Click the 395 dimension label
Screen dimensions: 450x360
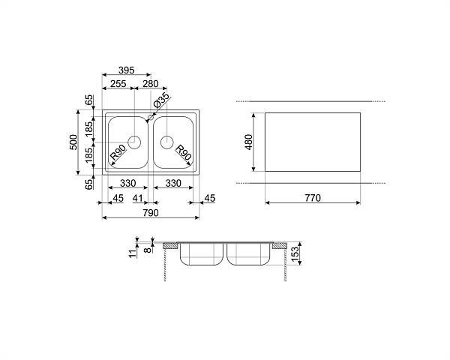pos(127,70)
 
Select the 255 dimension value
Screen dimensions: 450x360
pos(118,83)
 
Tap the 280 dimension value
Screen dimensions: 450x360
pos(151,83)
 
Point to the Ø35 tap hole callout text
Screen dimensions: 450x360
pos(161,100)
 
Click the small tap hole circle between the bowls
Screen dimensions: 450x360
pos(151,117)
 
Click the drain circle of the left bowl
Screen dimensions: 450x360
pos(134,142)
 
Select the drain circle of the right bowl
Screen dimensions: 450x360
pos(167,142)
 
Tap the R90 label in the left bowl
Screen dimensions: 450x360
pos(118,153)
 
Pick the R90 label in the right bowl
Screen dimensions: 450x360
pos(183,153)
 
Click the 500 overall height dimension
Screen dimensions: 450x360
pos(73,142)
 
